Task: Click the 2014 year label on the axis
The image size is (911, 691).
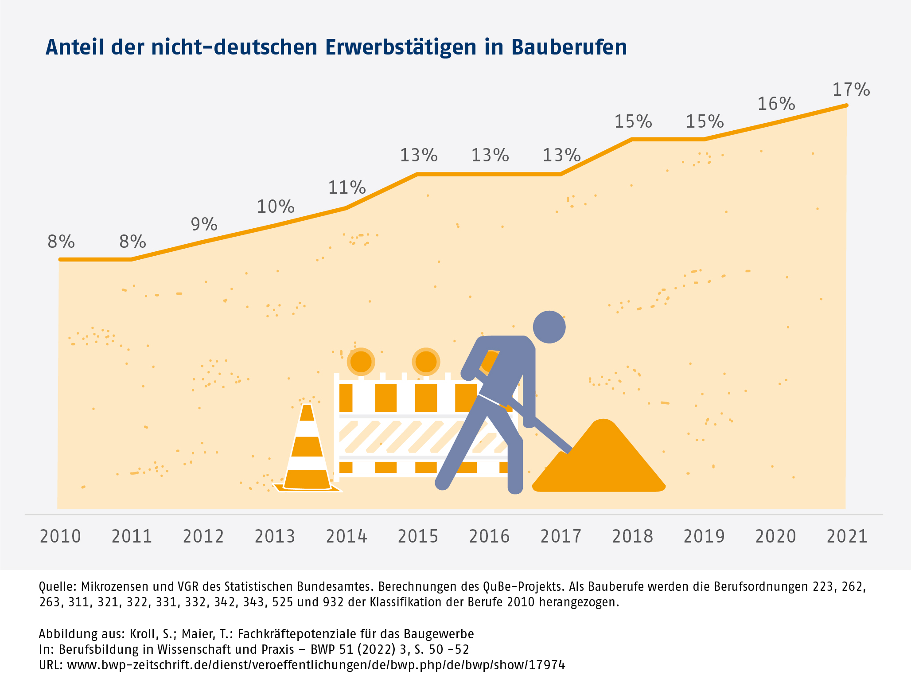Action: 346,536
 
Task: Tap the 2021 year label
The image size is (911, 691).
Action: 847,536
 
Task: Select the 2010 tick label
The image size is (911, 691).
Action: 60,536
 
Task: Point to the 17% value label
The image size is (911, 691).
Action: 851,90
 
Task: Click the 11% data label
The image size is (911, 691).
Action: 346,187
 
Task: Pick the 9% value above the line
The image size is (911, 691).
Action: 204,224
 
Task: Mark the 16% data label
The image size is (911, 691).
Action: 776,104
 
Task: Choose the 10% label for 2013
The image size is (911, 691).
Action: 276,207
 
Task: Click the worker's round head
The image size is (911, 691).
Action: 549,327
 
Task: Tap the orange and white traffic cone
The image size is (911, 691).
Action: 307,452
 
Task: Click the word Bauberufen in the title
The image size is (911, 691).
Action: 569,47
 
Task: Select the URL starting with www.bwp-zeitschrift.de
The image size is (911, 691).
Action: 316,665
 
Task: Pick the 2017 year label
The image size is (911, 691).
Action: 561,536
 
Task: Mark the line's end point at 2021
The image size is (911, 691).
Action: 846,105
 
